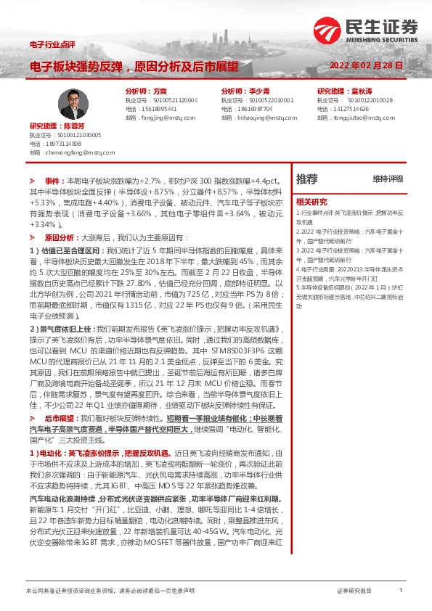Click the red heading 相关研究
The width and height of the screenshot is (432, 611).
coord(311,202)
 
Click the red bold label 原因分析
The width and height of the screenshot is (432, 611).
coord(60,237)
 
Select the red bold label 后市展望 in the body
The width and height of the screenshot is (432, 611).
coord(60,419)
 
